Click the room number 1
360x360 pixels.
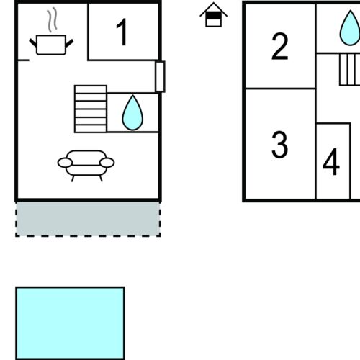pos(122,32)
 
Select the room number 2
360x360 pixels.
pos(279,46)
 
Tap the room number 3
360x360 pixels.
pos(279,145)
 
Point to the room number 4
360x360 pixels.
pos(331,162)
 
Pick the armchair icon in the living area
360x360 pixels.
pos(86,166)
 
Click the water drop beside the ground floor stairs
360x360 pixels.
pos(132,112)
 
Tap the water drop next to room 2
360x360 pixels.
pos(350,28)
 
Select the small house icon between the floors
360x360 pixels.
pos(213,14)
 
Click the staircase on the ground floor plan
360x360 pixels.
pos(91,109)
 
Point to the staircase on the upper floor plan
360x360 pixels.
pos(350,70)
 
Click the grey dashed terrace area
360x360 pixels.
pos(88,219)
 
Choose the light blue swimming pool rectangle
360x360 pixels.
pos(70,323)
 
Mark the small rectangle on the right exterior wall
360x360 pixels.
pos(160,76)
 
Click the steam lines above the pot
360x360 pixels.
pos(53,19)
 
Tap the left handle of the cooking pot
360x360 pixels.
pos(33,43)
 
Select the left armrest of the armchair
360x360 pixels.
pos(65,163)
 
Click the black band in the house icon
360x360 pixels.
pos(213,16)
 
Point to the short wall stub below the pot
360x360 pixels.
pos(24,60)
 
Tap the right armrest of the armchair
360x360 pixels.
pos(107,163)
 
